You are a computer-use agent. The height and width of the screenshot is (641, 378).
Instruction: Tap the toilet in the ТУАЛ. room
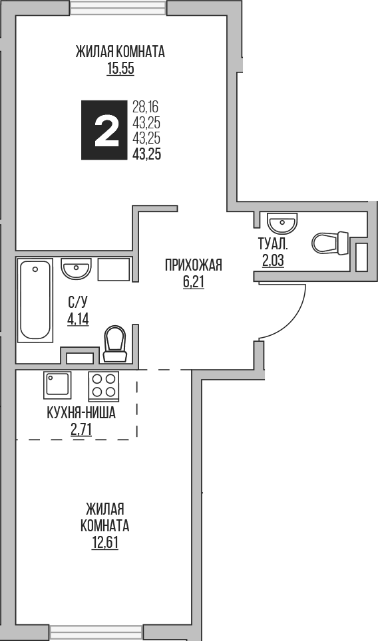(330, 243)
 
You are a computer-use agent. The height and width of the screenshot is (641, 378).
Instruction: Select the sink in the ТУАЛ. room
(282, 221)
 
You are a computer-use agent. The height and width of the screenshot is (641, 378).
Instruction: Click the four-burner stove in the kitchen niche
(103, 386)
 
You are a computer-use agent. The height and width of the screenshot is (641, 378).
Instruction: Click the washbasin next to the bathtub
(76, 269)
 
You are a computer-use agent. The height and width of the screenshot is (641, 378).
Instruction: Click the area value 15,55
(120, 68)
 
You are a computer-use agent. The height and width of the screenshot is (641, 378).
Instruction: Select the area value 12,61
(104, 541)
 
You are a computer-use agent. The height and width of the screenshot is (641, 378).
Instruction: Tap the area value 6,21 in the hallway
(193, 281)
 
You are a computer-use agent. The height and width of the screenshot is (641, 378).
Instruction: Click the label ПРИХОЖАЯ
(193, 265)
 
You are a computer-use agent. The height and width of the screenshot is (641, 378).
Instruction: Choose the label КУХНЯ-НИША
(81, 413)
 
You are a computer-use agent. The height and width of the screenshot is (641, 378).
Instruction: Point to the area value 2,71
(81, 429)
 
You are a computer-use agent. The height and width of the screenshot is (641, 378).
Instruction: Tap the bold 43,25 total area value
(147, 152)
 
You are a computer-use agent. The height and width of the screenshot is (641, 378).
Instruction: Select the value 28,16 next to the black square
(146, 106)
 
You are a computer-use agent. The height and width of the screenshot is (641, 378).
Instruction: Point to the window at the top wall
(118, 7)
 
